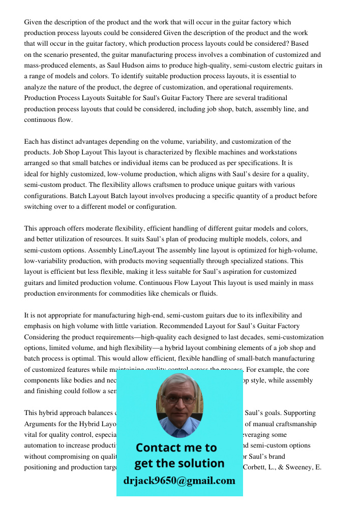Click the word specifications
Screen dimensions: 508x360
click(251, 163)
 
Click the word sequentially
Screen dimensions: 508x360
click(197, 261)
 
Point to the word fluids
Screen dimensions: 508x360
click(207, 294)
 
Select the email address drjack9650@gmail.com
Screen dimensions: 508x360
click(179, 481)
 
